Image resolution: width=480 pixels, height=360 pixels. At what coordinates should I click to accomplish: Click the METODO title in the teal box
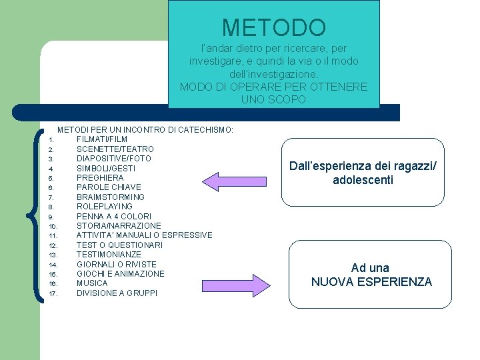273,27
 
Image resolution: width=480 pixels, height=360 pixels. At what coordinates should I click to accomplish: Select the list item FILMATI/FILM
102,139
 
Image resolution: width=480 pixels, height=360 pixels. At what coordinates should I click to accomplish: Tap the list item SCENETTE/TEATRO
115,149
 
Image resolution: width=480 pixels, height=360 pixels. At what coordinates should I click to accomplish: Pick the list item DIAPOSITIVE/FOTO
113,159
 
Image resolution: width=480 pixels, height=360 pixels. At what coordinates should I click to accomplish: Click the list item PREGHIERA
100,178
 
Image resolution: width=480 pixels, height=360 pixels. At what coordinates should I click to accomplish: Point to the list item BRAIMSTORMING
110,197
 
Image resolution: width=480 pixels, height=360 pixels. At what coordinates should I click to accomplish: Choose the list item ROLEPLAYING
104,207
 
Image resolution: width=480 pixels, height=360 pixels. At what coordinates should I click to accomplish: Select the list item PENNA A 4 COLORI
113,217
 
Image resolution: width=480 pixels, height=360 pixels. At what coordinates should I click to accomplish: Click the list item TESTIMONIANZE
109,255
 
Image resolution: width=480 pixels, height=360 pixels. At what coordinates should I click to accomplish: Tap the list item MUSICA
92,283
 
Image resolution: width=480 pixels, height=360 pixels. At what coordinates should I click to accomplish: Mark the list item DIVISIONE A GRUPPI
117,293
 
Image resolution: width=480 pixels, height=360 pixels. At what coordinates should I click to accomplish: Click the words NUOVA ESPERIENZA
371,282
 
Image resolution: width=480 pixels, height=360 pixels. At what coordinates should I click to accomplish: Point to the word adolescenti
363,181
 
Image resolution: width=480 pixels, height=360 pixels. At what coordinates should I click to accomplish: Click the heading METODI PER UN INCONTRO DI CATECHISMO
145,129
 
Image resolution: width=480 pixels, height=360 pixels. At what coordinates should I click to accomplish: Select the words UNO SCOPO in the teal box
273,99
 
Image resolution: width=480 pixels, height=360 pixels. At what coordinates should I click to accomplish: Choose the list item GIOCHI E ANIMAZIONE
120,274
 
